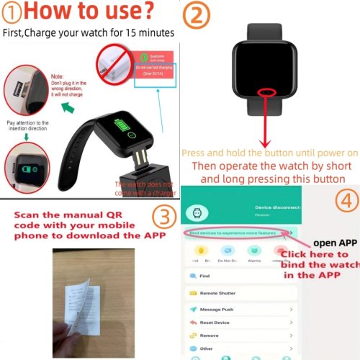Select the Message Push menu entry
[x=216, y=310]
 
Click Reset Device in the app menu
[x=215, y=323]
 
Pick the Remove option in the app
[x=210, y=336]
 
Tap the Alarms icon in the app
[x=255, y=253]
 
